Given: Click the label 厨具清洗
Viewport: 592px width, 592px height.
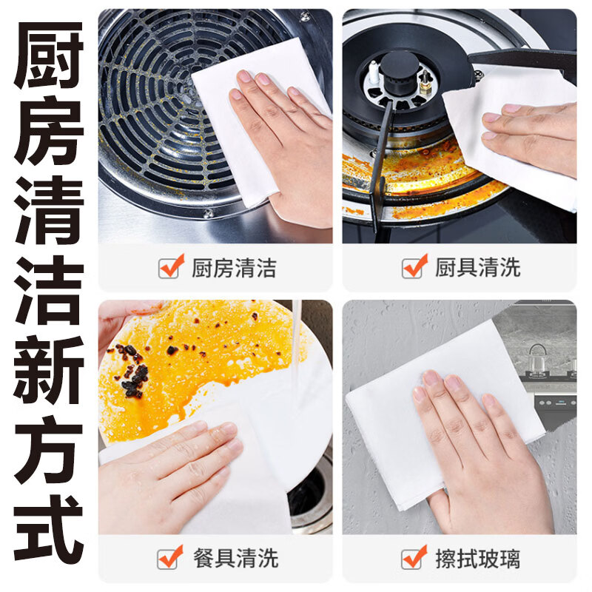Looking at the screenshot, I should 477,268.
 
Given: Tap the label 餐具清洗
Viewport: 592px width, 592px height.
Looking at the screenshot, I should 235,559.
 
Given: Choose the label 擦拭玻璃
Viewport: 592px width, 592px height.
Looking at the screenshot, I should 477,559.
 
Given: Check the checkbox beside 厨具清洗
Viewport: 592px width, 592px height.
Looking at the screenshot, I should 414,266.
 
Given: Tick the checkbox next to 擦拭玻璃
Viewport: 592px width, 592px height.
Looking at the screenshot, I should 414,557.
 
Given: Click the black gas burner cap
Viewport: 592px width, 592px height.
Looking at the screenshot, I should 400,71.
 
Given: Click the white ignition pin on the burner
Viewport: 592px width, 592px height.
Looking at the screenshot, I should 374,73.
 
